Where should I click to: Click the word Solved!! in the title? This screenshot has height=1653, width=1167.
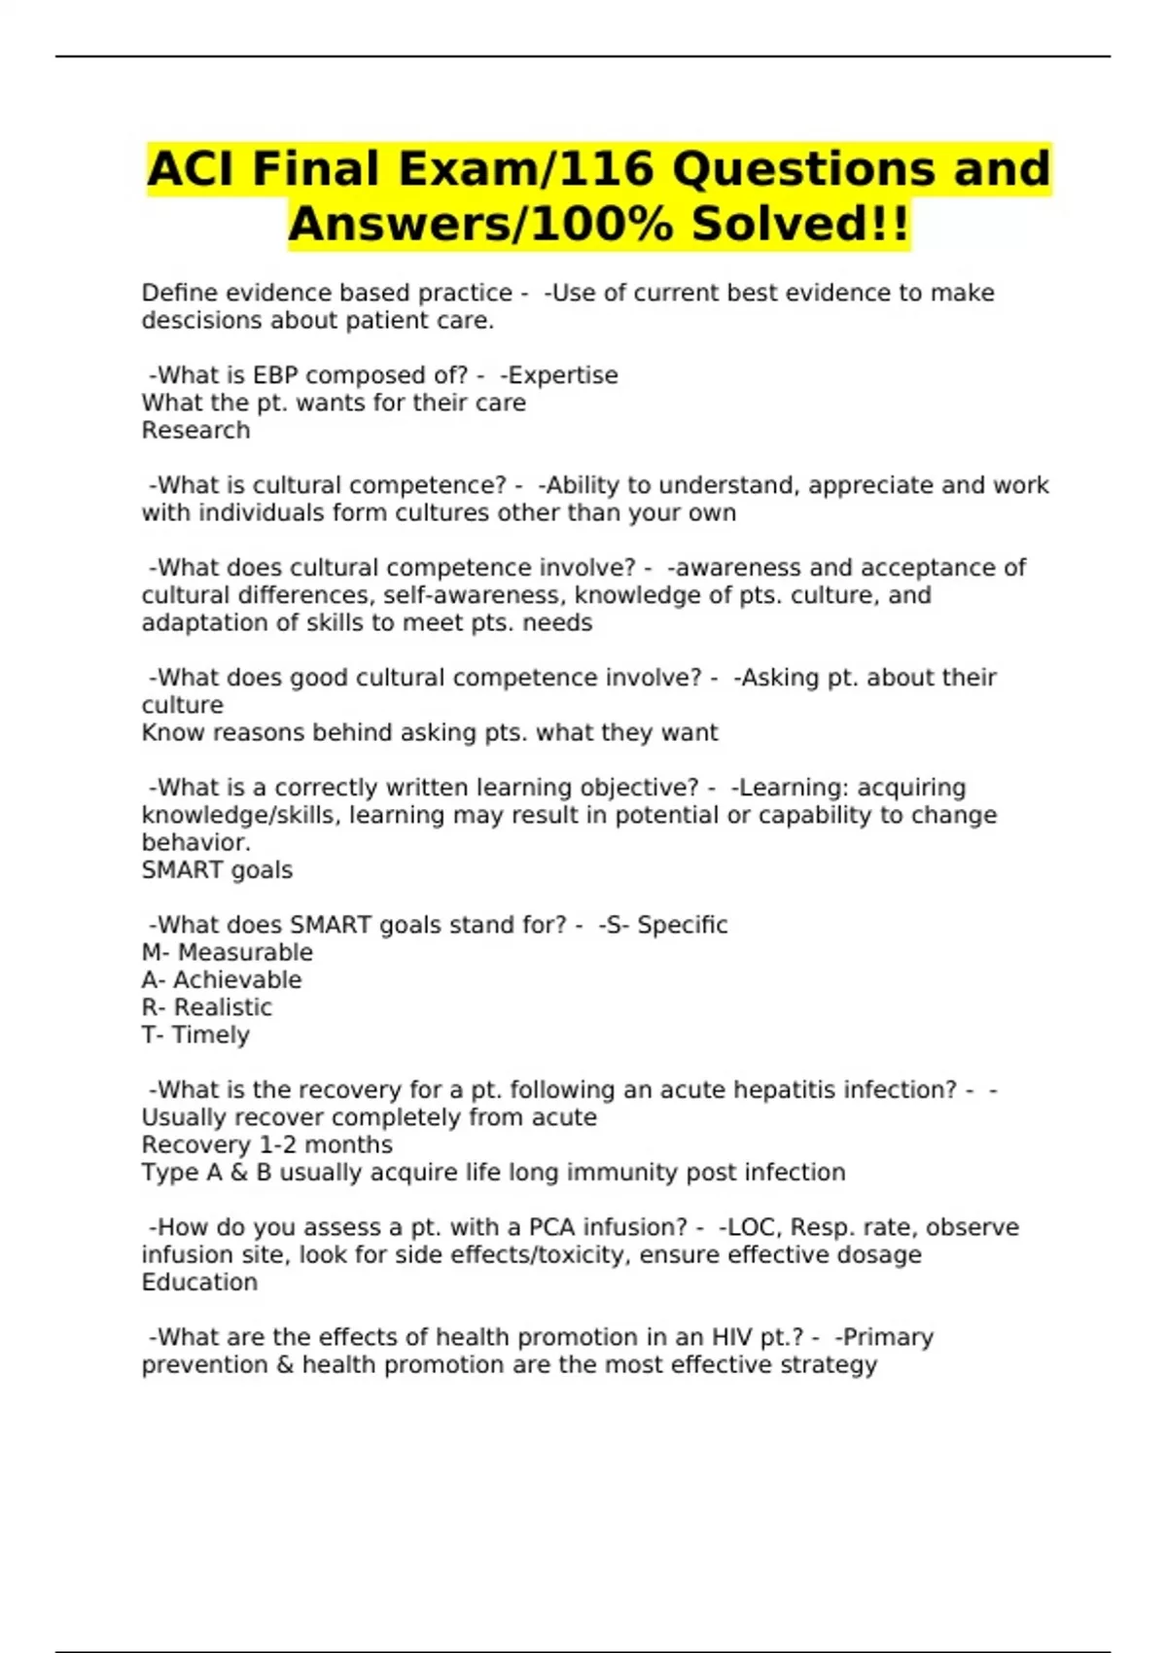click(799, 225)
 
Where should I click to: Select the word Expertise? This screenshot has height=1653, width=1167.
click(563, 375)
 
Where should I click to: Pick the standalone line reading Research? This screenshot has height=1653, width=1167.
click(195, 431)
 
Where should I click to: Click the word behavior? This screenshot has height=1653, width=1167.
click(195, 843)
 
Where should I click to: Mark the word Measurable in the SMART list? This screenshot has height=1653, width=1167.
click(245, 953)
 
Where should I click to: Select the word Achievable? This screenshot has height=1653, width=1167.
click(237, 980)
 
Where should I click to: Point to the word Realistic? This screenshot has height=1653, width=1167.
click(223, 1007)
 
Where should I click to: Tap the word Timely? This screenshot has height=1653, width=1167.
click(210, 1036)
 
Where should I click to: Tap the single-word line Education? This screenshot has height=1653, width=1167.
click(199, 1283)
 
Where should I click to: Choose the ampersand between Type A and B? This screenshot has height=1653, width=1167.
click(239, 1173)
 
